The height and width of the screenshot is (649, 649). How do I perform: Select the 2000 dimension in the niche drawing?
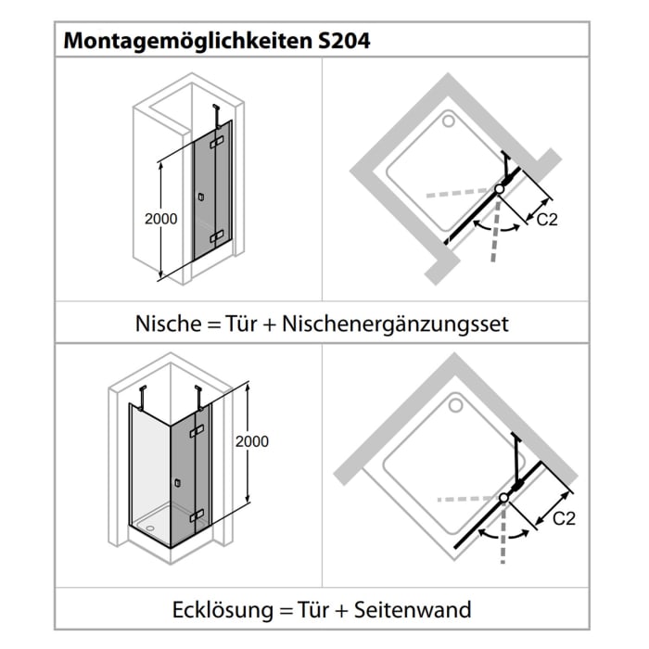pyautogui.click(x=162, y=219)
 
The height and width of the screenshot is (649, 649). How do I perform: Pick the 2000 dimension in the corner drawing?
pyautogui.click(x=251, y=441)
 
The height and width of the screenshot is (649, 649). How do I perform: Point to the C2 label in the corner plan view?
pyautogui.click(x=564, y=518)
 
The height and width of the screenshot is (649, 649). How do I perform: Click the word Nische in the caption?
pyautogui.click(x=165, y=324)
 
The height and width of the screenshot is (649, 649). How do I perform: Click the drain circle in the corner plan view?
pyautogui.click(x=456, y=404)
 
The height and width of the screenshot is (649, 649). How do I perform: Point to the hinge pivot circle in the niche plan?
pyautogui.click(x=500, y=188)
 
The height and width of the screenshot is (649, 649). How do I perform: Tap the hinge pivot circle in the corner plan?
pyautogui.click(x=504, y=499)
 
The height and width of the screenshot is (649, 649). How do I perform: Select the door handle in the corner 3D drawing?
pyautogui.click(x=178, y=482)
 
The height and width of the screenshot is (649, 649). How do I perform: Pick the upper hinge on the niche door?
pyautogui.click(x=218, y=144)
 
